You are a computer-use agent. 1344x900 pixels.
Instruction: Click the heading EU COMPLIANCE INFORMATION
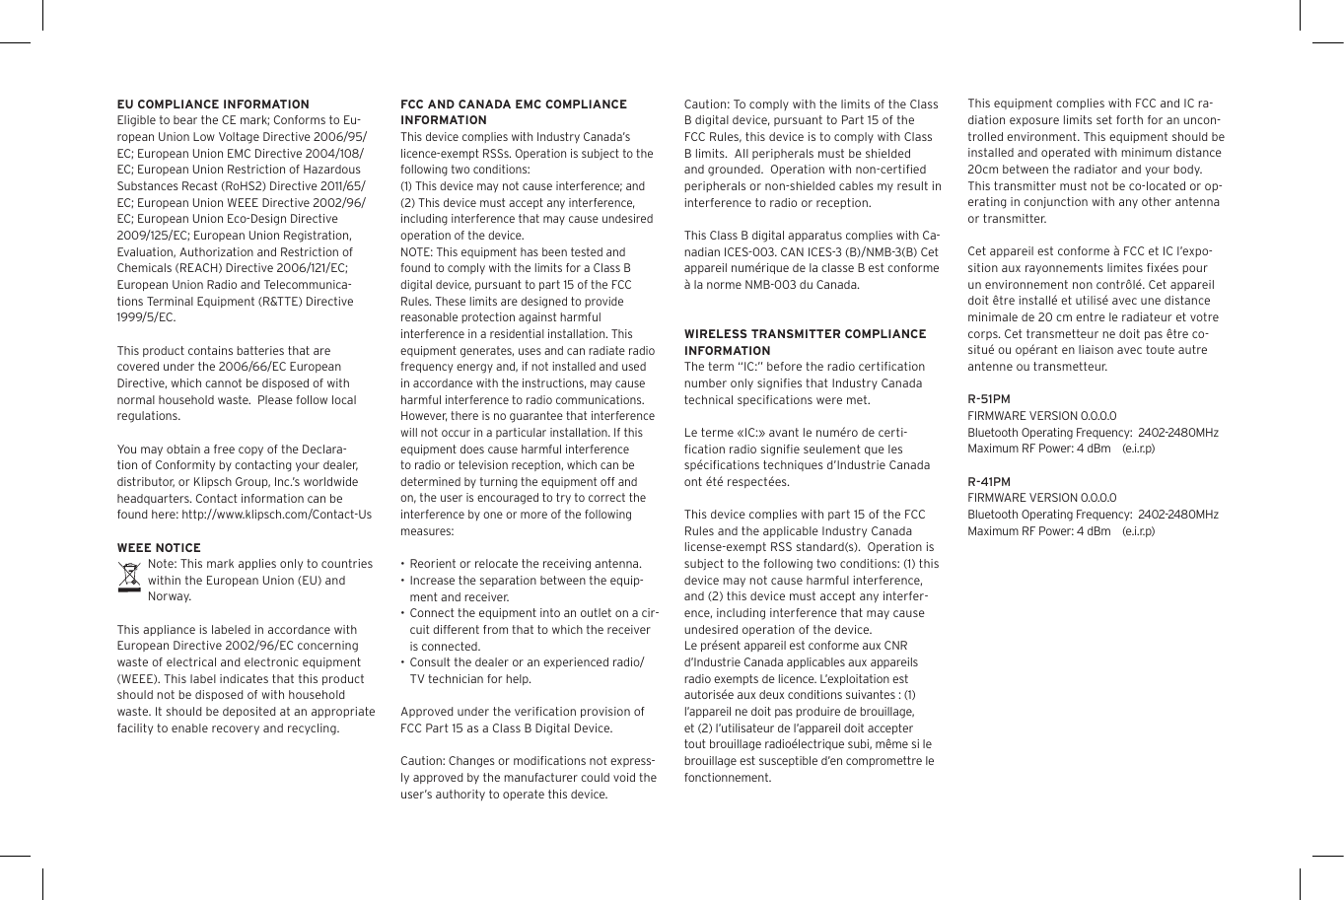pyautogui.click(x=213, y=104)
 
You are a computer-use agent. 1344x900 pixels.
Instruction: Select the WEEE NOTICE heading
pyautogui.click(x=159, y=548)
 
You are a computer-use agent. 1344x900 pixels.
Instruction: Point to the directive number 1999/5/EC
pyautogui.click(x=146, y=317)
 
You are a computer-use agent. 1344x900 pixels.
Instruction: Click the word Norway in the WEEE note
pyautogui.click(x=169, y=596)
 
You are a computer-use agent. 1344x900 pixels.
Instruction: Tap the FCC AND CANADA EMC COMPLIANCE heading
pyautogui.click(x=513, y=104)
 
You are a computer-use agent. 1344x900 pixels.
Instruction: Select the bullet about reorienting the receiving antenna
pyautogui.click(x=525, y=564)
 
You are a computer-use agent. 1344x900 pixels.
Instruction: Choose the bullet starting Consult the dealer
pyautogui.click(x=525, y=662)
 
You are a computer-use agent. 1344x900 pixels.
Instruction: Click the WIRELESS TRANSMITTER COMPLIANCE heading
pyautogui.click(x=805, y=335)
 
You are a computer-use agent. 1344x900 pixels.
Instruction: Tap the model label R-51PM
pyautogui.click(x=989, y=399)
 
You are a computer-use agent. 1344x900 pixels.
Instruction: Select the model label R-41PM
pyautogui.click(x=989, y=482)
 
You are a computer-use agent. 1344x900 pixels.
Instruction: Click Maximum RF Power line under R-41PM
pyautogui.click(x=1060, y=531)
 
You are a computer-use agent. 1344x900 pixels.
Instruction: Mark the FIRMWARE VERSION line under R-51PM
pyautogui.click(x=1041, y=416)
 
